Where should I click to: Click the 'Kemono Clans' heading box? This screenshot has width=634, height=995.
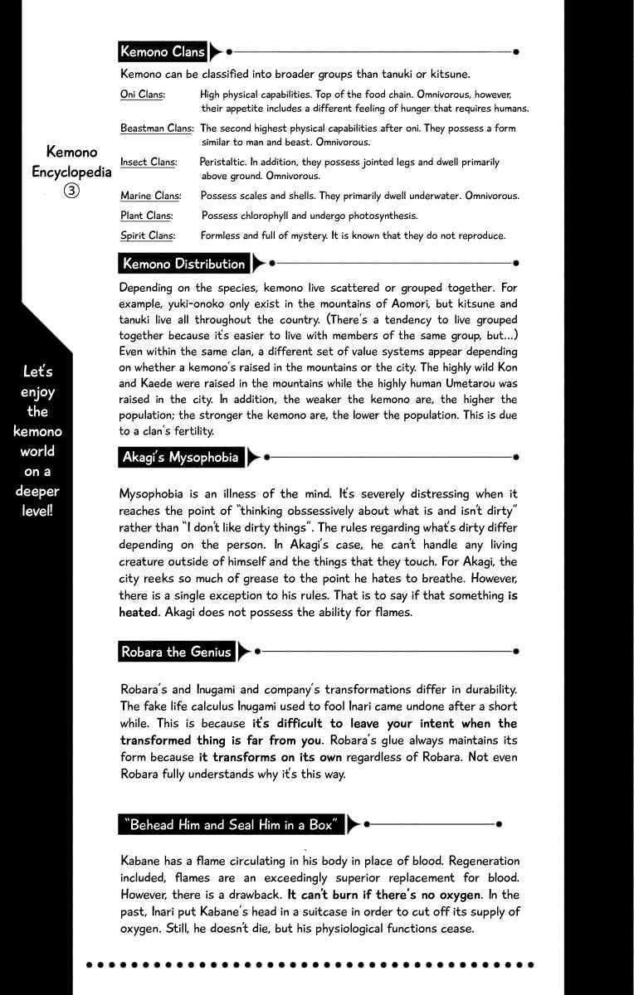163,51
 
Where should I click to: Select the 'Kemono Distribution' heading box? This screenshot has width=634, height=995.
183,264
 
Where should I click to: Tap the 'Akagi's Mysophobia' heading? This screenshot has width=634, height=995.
180,457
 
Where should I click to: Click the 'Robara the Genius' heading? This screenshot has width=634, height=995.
176,652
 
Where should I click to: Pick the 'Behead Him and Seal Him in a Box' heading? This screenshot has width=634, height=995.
231,824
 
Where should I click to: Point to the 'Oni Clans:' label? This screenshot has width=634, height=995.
142,95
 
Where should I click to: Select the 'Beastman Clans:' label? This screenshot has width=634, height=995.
157,129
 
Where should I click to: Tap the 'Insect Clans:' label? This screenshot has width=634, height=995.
149,163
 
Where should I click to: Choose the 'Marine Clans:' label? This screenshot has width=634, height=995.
150,196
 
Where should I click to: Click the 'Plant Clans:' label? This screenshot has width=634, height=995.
146,216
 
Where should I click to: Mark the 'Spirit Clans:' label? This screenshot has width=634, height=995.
147,235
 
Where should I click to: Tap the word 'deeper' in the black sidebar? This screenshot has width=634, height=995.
37,491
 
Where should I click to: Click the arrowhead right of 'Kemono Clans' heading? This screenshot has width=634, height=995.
216,51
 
